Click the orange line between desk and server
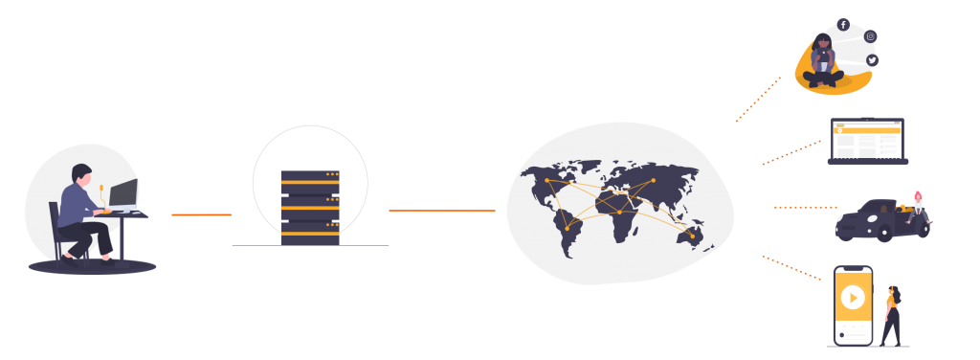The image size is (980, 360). pos(201,214)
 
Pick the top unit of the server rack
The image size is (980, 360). pos(310,178)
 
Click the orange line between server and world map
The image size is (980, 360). pos(441,211)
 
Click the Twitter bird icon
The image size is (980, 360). pos(872,60)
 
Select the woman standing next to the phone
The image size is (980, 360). pos(892,314)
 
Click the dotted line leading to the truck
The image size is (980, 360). pos(805,207)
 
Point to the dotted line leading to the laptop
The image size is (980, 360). pos(791,152)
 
